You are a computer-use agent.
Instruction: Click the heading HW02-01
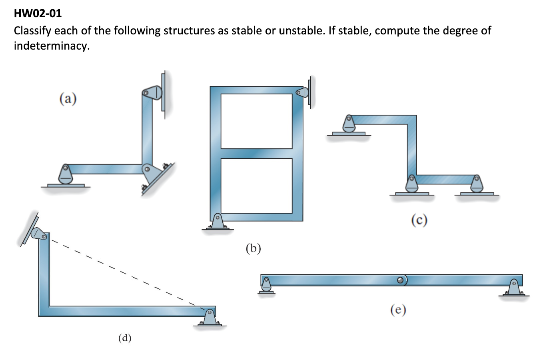[38, 14]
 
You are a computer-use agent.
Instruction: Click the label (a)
[68, 98]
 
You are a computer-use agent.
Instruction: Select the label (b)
[253, 248]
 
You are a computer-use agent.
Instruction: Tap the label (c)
[419, 220]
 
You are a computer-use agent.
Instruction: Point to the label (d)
[125, 338]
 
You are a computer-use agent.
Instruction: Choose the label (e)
[398, 310]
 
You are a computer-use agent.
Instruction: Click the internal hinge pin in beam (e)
[401, 280]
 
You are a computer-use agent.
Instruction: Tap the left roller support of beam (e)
[266, 285]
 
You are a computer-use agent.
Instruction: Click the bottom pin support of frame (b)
[217, 222]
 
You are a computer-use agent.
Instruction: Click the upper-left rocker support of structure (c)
[349, 124]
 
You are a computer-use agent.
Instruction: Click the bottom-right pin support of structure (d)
[209, 318]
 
